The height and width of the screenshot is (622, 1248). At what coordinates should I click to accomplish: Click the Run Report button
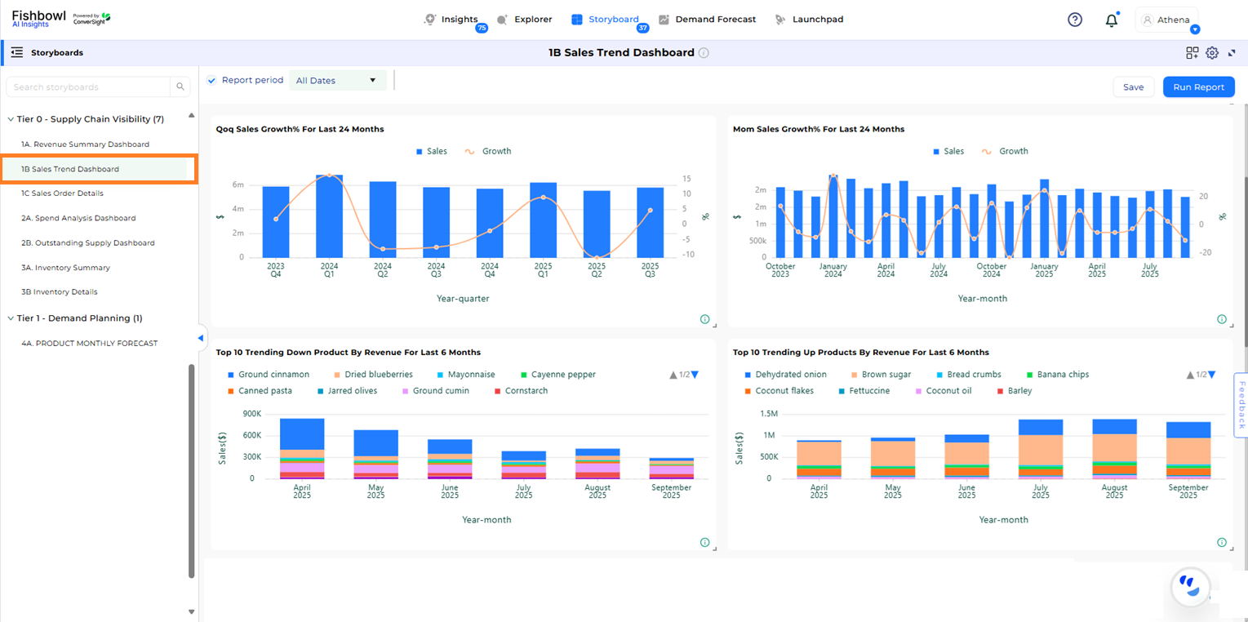click(x=1198, y=87)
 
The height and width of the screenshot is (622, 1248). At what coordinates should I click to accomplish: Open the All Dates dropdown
click(x=337, y=81)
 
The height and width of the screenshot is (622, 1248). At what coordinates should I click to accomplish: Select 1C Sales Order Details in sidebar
click(x=62, y=193)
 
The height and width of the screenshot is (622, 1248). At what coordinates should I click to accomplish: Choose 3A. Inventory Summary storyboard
click(x=65, y=268)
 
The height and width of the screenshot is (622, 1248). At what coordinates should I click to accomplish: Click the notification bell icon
click(x=1111, y=20)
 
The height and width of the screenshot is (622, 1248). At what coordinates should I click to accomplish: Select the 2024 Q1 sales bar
click(x=329, y=216)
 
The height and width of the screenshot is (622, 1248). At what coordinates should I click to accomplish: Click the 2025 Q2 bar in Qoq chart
click(x=597, y=224)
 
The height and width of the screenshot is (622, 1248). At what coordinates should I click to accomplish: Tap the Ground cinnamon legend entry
click(x=273, y=375)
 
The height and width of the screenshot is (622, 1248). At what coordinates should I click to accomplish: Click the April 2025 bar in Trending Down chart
click(x=302, y=449)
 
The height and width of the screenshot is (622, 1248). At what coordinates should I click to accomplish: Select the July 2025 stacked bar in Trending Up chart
click(x=1041, y=449)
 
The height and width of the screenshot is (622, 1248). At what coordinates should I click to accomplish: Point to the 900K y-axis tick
click(x=251, y=414)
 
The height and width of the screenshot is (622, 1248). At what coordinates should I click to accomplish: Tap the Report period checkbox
click(x=211, y=80)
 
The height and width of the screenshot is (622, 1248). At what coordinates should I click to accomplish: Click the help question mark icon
click(x=1075, y=20)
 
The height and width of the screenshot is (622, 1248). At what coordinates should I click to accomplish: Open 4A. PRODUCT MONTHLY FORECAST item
click(x=90, y=344)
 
